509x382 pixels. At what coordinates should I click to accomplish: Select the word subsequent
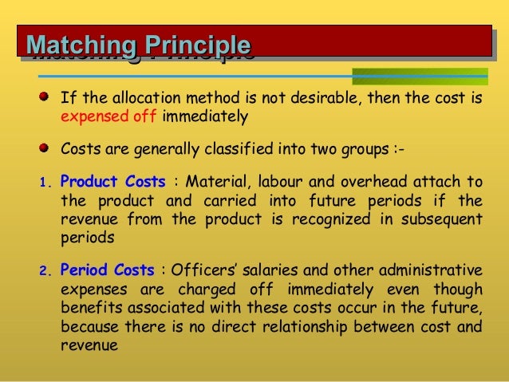point(439,219)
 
